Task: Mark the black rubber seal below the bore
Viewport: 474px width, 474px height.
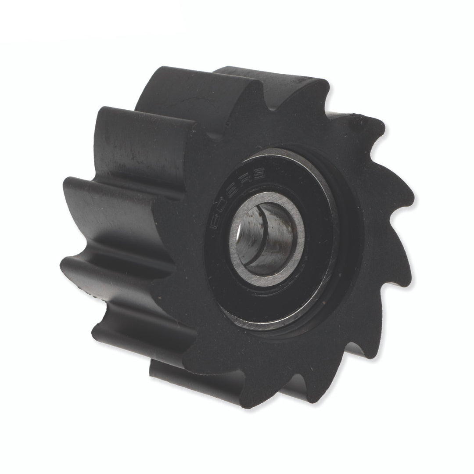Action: coord(263,303)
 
